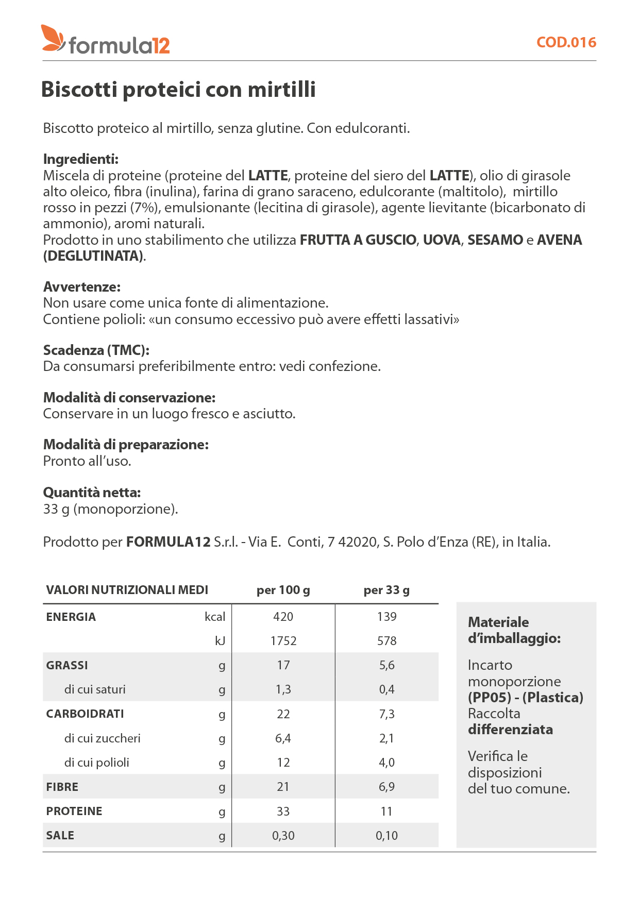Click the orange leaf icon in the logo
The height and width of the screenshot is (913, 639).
tap(53, 38)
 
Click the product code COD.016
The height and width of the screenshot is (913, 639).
tap(566, 42)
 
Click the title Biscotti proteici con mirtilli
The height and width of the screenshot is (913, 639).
tap(178, 89)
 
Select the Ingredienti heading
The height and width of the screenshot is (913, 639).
tap(81, 159)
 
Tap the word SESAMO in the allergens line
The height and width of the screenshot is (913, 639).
tap(495, 240)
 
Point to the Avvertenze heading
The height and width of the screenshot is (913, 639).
tap(82, 287)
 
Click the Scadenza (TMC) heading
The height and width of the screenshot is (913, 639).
tap(96, 350)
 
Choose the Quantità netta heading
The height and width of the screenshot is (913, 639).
tap(92, 493)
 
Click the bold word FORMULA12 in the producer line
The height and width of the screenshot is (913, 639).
tap(169, 542)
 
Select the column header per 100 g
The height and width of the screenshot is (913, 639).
tap(283, 590)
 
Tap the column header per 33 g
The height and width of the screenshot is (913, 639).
tap(386, 590)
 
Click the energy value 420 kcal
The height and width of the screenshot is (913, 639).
tap(283, 617)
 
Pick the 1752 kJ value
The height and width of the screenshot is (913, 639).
tap(283, 641)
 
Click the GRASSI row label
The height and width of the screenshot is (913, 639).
tap(67, 665)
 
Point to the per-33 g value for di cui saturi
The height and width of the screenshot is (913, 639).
tap(386, 689)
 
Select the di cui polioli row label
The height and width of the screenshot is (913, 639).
tap(96, 763)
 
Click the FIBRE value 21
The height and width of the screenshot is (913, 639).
tap(283, 787)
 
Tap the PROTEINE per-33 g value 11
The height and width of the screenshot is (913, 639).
tap(386, 811)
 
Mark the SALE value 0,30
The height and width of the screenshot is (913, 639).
tap(283, 836)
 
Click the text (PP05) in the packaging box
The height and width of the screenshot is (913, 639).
tap(489, 698)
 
